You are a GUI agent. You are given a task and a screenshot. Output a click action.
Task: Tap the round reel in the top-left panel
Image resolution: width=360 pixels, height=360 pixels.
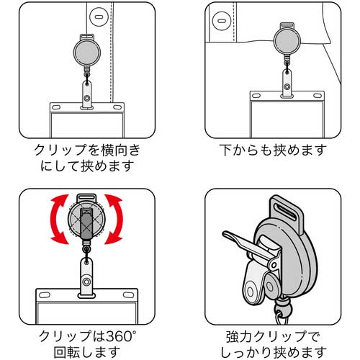(86, 49)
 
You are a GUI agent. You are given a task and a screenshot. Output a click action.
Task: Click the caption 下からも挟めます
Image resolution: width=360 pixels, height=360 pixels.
(272, 150)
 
